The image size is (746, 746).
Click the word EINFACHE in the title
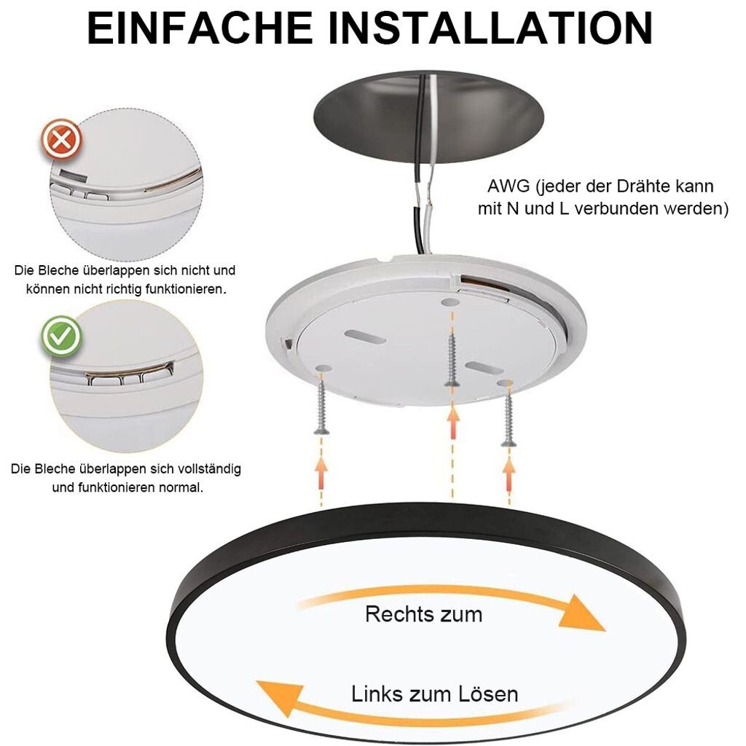tap(200, 28)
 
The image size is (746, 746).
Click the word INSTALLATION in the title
tap(490, 28)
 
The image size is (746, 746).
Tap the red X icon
tap(61, 140)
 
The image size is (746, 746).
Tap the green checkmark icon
tap(61, 337)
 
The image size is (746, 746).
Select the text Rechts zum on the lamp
tap(423, 614)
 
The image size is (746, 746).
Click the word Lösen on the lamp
tap(488, 694)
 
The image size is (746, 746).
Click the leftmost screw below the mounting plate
tap(321, 404)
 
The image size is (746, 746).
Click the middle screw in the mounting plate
tap(452, 360)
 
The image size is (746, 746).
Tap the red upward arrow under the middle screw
tap(452, 424)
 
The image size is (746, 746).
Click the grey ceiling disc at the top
tap(428, 117)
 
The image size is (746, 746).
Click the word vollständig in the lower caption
tap(209, 469)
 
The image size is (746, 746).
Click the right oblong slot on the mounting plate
tap(484, 368)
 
